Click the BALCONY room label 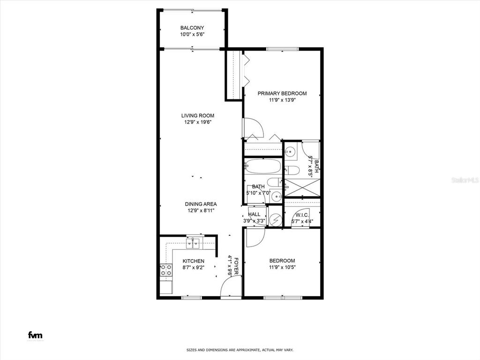[192, 28]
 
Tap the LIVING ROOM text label [198, 116]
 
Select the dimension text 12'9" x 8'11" [200, 210]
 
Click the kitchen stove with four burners [165, 270]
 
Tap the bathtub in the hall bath [262, 166]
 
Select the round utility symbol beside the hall [276, 219]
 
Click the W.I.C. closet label [302, 215]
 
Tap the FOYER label [236, 265]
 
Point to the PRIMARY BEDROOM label [282, 93]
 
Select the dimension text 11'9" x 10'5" [282, 268]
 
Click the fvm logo [35, 335]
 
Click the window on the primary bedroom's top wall [283, 49]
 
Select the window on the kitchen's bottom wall [192, 297]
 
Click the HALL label [254, 214]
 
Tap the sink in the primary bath [291, 151]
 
